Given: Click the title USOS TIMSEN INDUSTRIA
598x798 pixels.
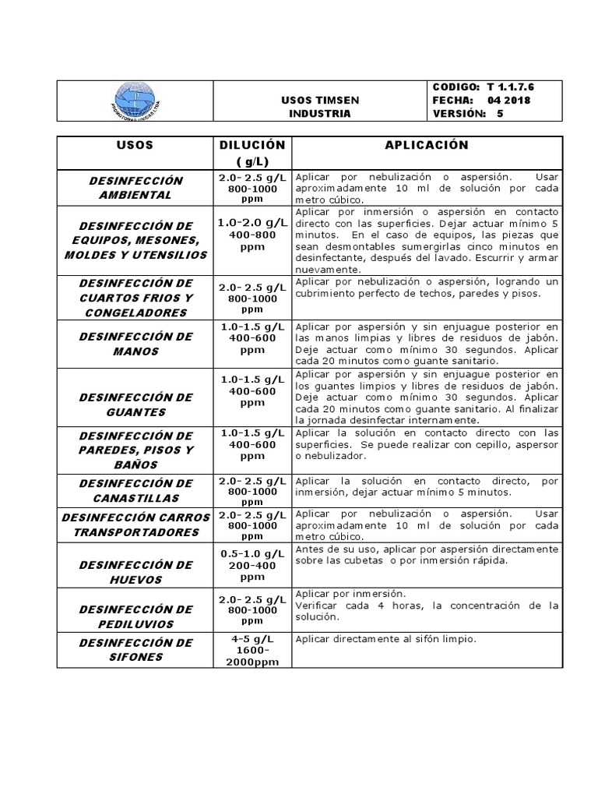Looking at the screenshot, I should (319, 107).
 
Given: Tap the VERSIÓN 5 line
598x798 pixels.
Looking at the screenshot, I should (473, 114).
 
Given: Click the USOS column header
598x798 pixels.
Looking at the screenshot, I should (135, 146).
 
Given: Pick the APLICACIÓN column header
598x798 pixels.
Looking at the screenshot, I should (426, 146).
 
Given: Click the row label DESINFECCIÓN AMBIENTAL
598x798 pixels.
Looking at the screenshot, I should (135, 188).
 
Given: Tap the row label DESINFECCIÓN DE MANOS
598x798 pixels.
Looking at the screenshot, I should (135, 344).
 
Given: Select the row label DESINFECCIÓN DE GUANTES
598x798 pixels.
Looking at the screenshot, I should (135, 404).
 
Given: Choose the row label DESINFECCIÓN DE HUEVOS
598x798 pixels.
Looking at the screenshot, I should (135, 572).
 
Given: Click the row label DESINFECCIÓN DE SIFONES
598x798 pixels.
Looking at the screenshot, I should (135, 649).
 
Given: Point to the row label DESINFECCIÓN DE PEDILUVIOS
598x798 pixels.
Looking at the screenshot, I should (135, 616).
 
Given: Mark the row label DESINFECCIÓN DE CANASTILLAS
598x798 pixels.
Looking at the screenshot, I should (135, 490).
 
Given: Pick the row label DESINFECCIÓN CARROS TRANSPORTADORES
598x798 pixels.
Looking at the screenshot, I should (135, 524).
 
